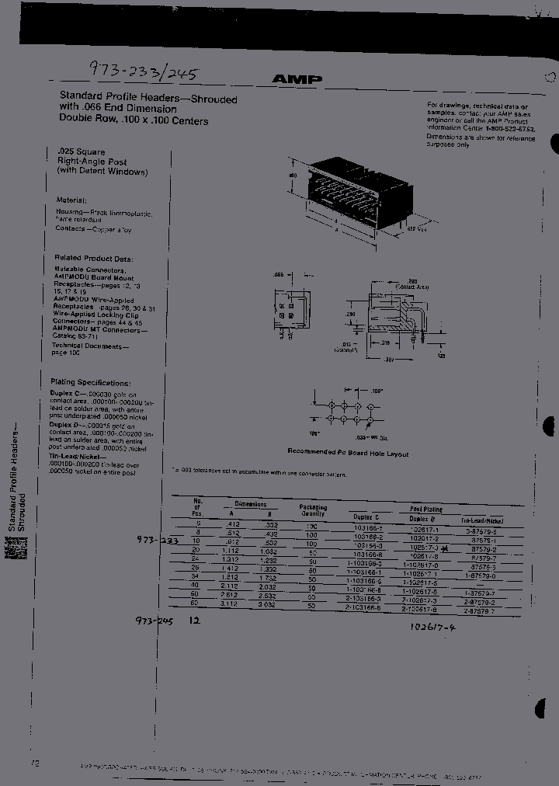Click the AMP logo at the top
click(x=297, y=79)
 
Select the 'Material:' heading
click(x=71, y=200)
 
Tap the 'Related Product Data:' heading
click(x=94, y=258)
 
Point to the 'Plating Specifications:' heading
click(x=91, y=383)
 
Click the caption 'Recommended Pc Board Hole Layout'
click(x=348, y=453)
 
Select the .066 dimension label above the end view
click(x=280, y=275)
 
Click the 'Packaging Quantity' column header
click(x=313, y=510)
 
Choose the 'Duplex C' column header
click(x=366, y=516)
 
